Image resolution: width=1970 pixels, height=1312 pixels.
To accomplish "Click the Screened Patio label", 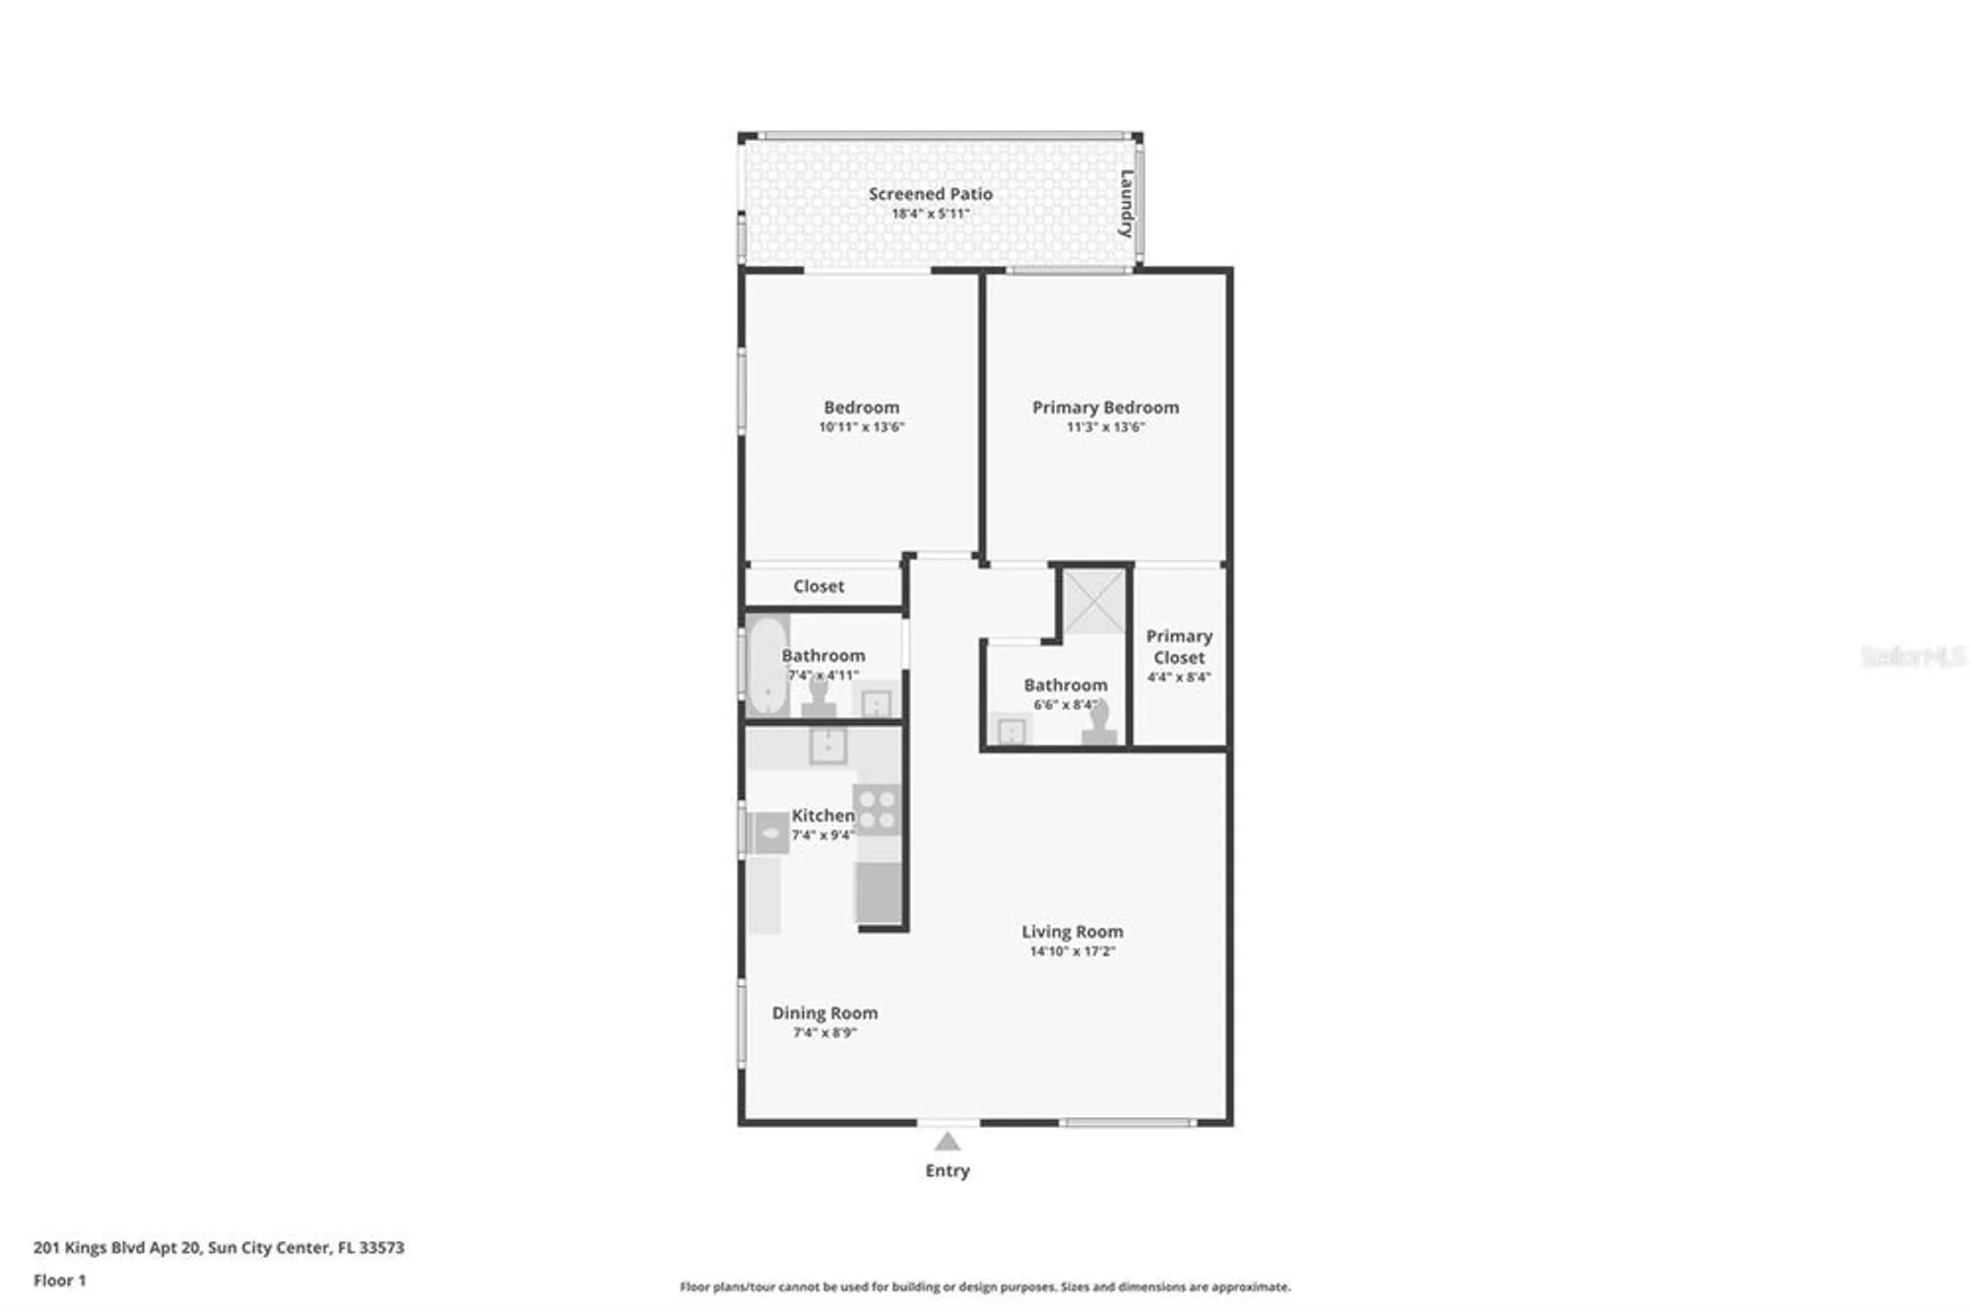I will click(x=930, y=194).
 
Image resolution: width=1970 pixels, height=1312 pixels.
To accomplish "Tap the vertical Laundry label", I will click(x=1126, y=204).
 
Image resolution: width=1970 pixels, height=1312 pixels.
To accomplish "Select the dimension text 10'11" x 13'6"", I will click(x=861, y=427).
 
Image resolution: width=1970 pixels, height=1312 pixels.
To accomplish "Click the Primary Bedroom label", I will click(x=1105, y=407).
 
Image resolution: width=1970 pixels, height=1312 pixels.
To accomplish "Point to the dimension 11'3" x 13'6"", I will click(x=1105, y=427).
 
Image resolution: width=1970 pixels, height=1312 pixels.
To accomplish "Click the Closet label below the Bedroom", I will click(x=819, y=586).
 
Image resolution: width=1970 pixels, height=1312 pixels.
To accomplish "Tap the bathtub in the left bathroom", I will click(x=766, y=665).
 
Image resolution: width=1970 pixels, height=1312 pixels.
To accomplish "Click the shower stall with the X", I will click(x=1093, y=601).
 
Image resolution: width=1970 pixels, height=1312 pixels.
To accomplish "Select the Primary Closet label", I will click(x=1179, y=646).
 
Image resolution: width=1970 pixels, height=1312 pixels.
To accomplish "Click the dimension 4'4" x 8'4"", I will click(x=1179, y=678).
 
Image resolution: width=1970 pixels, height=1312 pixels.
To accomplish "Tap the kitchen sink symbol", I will click(x=827, y=746).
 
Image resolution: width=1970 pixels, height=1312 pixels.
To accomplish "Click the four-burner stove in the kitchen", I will click(x=877, y=809).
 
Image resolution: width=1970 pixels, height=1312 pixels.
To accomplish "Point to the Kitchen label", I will click(x=822, y=816).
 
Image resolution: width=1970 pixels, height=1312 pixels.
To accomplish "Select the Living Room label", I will click(x=1072, y=931).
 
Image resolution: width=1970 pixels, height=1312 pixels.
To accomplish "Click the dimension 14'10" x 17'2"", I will click(x=1072, y=951).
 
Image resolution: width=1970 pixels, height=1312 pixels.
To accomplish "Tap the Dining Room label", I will click(x=824, y=1013).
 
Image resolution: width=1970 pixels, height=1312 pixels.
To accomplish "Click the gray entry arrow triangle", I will click(x=947, y=1143).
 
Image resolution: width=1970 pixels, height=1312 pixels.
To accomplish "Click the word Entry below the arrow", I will click(x=947, y=1170).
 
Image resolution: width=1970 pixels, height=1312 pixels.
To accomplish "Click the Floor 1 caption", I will click(x=59, y=1280).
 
